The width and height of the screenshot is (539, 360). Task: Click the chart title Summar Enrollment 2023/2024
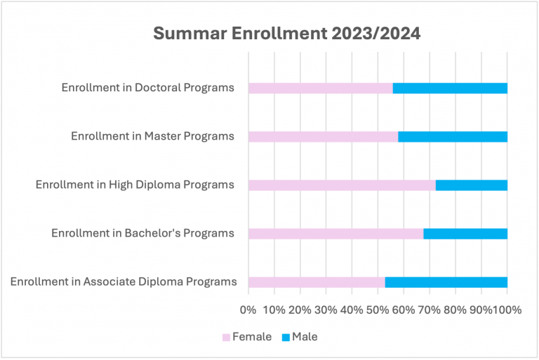tap(287, 34)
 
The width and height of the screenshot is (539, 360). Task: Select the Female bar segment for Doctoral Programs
tap(320, 88)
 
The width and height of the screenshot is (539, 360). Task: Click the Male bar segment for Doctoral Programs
tap(450, 88)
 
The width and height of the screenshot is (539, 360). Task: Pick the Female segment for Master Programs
tap(323, 137)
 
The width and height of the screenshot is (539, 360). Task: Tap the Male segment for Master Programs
tap(453, 137)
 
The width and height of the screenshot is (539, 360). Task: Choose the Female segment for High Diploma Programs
tap(342, 185)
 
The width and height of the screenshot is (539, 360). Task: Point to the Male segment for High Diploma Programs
tap(472, 185)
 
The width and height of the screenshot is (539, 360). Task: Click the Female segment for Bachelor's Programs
tap(335, 234)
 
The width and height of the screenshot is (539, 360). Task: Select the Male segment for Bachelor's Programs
tap(465, 234)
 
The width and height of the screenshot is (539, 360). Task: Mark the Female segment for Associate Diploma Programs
tap(317, 282)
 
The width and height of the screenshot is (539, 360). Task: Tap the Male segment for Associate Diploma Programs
tap(446, 282)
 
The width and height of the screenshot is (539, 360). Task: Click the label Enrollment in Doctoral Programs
tap(147, 88)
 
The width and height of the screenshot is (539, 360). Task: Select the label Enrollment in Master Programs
tap(152, 136)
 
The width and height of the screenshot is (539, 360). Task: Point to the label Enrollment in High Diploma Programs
tap(135, 185)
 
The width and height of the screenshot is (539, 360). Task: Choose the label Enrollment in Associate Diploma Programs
tap(124, 282)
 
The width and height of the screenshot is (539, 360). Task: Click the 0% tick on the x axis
tap(248, 309)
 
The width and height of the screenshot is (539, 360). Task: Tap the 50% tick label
tap(378, 309)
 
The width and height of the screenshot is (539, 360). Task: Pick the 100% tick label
tap(507, 309)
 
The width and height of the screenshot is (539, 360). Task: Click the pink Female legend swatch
tap(226, 338)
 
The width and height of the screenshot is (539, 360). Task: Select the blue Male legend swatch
tap(285, 338)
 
